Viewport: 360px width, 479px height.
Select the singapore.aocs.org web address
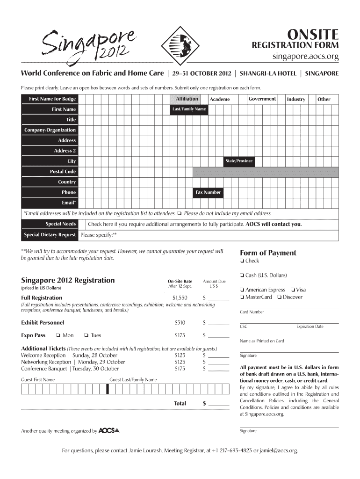[x=306, y=57]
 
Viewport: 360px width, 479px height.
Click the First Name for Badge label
[x=52, y=99]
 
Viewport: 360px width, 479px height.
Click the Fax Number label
[x=208, y=192]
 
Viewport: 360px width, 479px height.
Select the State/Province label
[x=239, y=161]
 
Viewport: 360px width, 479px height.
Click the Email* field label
[x=69, y=203]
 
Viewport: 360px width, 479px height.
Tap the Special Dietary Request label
[x=50, y=235]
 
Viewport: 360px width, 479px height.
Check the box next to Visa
[x=292, y=290]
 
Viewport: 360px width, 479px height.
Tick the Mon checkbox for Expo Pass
[x=57, y=335]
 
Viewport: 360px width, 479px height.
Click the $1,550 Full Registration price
[x=180, y=298]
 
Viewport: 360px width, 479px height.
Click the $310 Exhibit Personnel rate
[x=180, y=323]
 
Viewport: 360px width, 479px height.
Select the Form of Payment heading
[x=268, y=253]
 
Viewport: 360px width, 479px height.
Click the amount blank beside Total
[x=219, y=404]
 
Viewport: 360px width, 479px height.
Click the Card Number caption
[x=252, y=312]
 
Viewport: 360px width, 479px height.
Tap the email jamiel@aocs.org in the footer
[x=275, y=451]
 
